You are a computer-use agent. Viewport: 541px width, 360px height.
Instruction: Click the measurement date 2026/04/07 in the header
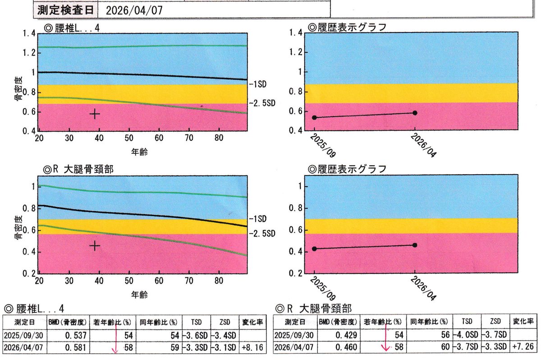click(134, 11)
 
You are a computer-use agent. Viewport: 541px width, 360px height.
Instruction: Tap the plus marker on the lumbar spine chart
click(95, 114)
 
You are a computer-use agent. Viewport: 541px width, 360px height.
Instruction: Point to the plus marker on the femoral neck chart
click(95, 246)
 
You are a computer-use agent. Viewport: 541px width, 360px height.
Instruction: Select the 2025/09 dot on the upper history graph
click(314, 118)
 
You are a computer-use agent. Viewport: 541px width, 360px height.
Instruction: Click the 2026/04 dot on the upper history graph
click(415, 113)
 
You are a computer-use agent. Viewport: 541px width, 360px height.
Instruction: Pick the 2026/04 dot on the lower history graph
click(415, 245)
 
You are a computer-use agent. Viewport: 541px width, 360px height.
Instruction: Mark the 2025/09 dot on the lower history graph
click(314, 249)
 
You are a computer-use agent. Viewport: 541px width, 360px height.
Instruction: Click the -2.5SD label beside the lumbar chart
click(262, 103)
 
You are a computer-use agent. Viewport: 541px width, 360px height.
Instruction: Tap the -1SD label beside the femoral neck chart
click(258, 219)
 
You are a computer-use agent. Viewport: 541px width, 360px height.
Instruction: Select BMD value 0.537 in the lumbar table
click(76, 335)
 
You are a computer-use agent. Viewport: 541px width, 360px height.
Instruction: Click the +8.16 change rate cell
click(252, 347)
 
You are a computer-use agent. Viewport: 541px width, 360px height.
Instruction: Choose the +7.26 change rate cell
click(523, 347)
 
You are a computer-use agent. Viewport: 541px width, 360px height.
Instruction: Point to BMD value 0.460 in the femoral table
click(346, 347)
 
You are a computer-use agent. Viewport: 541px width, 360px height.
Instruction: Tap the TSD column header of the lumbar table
click(197, 322)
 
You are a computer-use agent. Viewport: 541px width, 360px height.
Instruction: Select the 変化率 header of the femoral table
click(523, 321)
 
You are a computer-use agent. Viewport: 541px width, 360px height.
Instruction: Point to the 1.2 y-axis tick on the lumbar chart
click(29, 53)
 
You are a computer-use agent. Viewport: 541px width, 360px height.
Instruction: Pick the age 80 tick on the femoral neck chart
click(219, 281)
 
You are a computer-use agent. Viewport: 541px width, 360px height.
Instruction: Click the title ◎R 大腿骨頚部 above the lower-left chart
click(78, 169)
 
